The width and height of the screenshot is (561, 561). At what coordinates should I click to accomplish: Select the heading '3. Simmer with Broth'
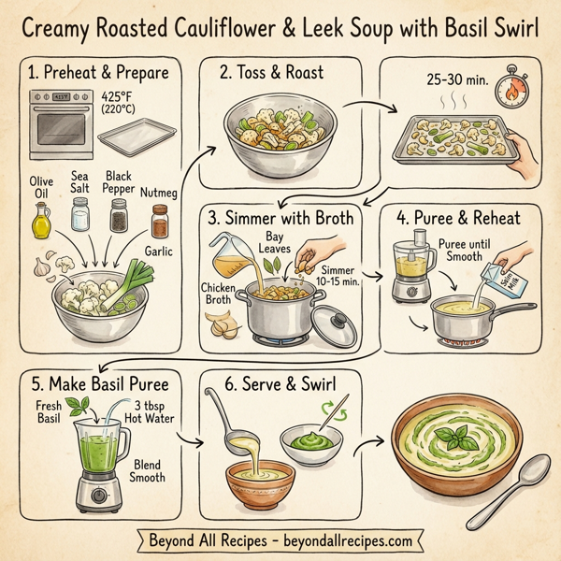(x=281, y=219)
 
